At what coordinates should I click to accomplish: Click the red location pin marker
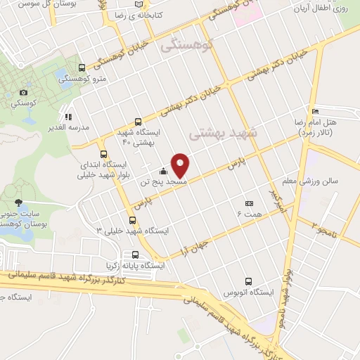click(x=181, y=165)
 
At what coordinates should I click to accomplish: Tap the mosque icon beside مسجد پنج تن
click(x=163, y=171)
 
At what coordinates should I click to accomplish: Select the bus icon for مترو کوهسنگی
click(x=82, y=68)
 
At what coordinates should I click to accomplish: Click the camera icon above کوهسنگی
click(x=24, y=92)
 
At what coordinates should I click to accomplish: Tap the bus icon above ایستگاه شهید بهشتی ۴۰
click(x=138, y=121)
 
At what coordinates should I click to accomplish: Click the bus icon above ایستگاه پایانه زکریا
click(x=134, y=255)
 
